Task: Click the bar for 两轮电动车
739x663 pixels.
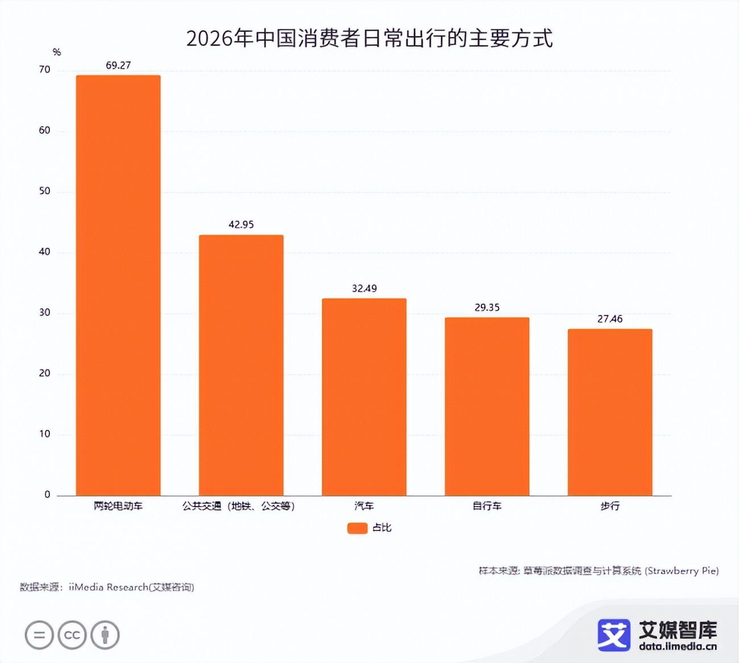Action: pos(118,285)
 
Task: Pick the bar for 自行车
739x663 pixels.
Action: pos(487,406)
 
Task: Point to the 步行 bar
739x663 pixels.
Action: pos(609,412)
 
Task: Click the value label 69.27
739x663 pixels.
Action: pos(118,65)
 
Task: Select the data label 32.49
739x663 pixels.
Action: pos(364,288)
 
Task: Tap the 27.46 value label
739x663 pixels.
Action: pos(609,319)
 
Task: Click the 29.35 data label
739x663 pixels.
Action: pos(487,308)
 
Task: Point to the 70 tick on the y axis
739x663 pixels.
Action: pos(44,70)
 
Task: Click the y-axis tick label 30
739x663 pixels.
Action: pos(44,313)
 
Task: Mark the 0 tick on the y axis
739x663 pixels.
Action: pos(47,495)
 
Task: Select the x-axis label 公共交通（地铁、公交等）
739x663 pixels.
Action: pos(239,506)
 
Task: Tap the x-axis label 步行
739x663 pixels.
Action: pos(609,506)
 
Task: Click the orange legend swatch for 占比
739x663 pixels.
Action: pos(357,528)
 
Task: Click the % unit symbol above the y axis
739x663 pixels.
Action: pos(56,52)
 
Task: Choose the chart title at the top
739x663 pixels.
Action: pos(369,38)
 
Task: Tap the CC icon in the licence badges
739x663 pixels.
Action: pos(72,635)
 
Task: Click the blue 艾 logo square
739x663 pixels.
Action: pos(613,635)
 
